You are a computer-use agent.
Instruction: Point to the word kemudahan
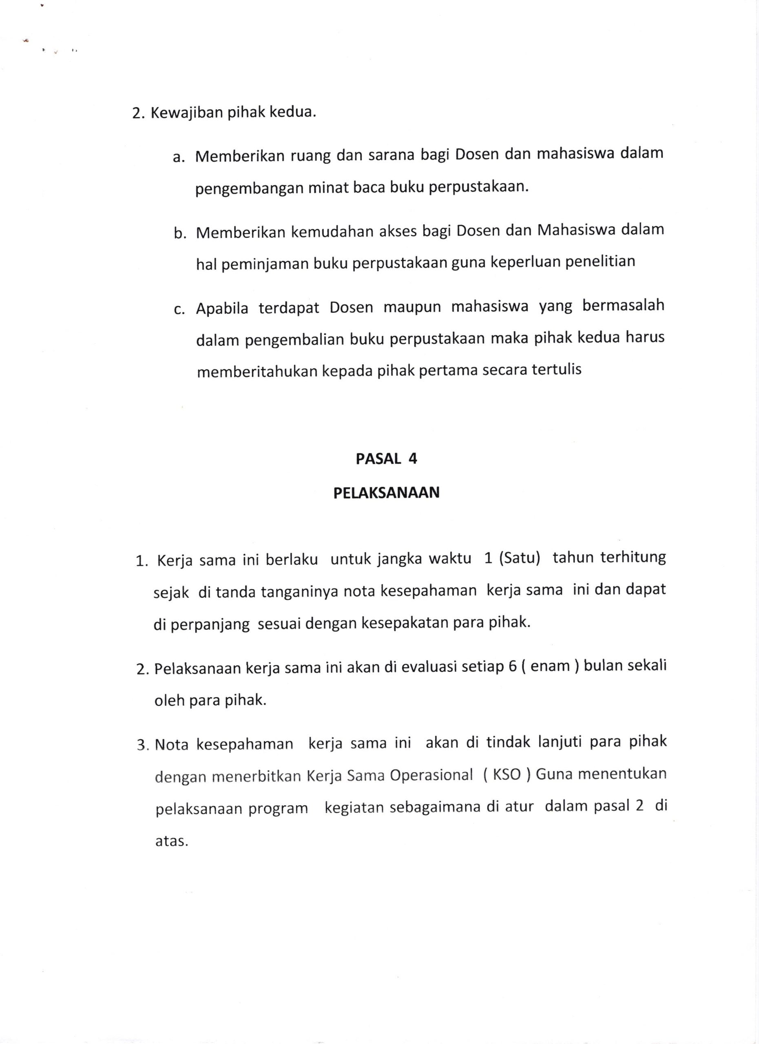click(331, 232)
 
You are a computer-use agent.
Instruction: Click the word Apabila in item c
click(222, 308)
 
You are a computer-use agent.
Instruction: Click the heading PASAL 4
click(386, 459)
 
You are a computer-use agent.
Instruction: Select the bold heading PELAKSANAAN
click(386, 493)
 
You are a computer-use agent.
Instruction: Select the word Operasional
click(431, 775)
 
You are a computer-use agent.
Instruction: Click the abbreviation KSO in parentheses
click(506, 775)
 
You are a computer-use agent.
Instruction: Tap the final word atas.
click(172, 841)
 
